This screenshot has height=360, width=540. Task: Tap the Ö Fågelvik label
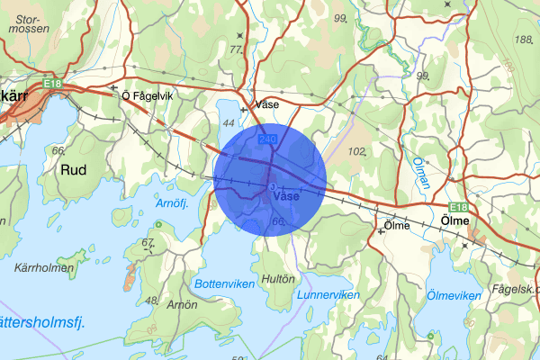[x=146, y=94]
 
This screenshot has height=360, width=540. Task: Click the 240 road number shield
[x=267, y=139]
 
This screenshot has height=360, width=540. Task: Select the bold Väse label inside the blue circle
[x=285, y=196]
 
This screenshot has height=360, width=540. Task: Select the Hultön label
[x=276, y=279]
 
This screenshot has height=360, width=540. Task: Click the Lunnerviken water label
[x=328, y=295]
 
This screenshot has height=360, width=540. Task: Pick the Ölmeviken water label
[x=454, y=295]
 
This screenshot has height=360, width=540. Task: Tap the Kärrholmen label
[x=37, y=269]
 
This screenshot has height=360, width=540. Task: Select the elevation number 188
[x=522, y=39]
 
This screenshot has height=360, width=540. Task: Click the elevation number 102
[x=357, y=152]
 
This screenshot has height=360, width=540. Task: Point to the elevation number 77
[x=237, y=49]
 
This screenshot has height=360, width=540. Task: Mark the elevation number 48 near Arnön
[x=151, y=300]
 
